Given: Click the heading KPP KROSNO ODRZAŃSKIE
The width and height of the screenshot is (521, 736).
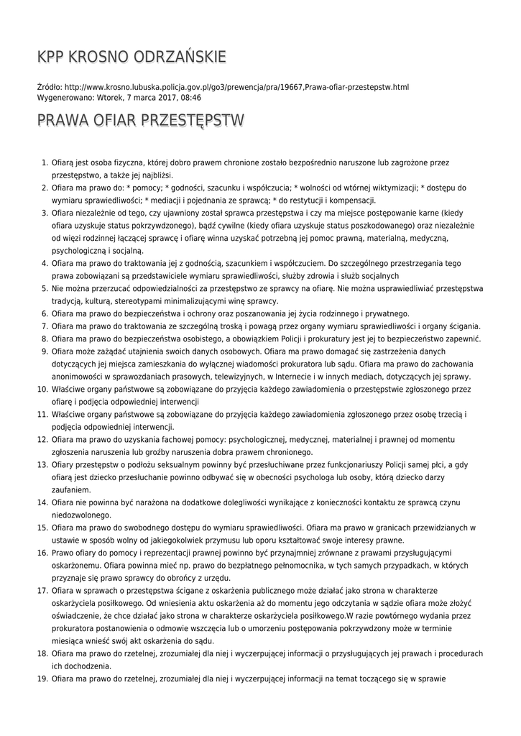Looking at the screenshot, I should [x=132, y=57].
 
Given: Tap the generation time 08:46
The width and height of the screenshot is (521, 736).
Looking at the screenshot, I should [x=190, y=97].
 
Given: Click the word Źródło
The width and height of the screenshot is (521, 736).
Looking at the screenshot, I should [x=49, y=87].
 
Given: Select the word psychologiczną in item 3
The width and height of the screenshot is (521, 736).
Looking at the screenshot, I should [x=78, y=251].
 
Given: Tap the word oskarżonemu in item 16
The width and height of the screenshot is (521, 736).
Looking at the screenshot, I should [x=75, y=565].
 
